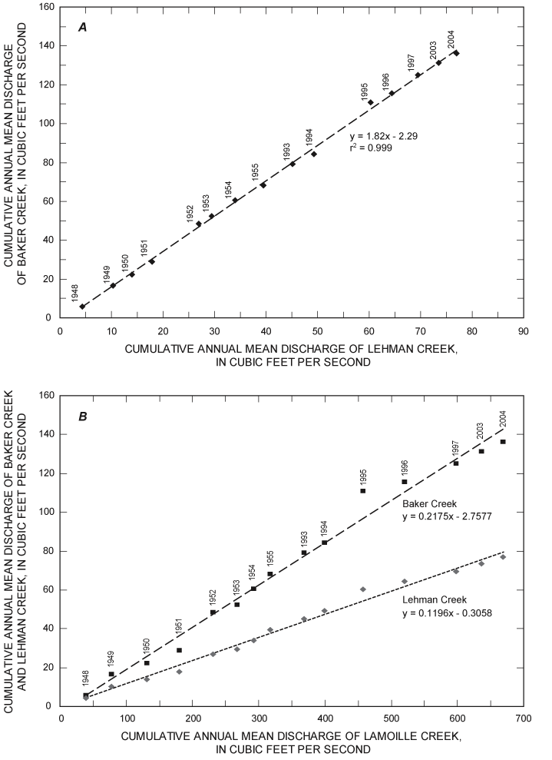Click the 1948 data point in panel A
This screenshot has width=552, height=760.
[x=82, y=306]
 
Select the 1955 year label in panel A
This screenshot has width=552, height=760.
[x=256, y=172]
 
